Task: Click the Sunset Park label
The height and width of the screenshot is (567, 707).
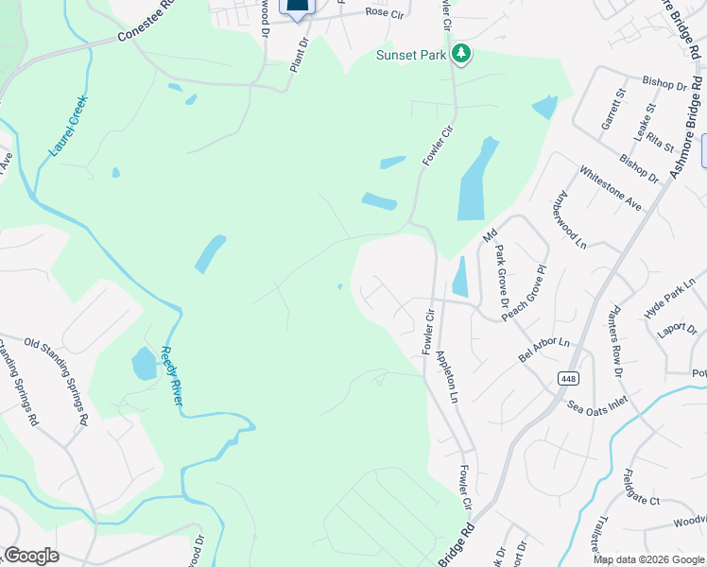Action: click(x=411, y=55)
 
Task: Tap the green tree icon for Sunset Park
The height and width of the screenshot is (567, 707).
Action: click(x=461, y=54)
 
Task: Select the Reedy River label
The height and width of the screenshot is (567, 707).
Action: click(x=171, y=375)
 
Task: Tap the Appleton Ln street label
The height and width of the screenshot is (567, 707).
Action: click(x=446, y=378)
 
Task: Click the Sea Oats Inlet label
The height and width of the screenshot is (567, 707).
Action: click(x=597, y=406)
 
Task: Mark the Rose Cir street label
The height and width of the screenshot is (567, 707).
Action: click(x=383, y=13)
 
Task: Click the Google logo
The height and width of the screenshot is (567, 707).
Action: click(x=31, y=556)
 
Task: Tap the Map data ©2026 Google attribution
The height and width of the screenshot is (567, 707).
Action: click(x=647, y=559)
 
